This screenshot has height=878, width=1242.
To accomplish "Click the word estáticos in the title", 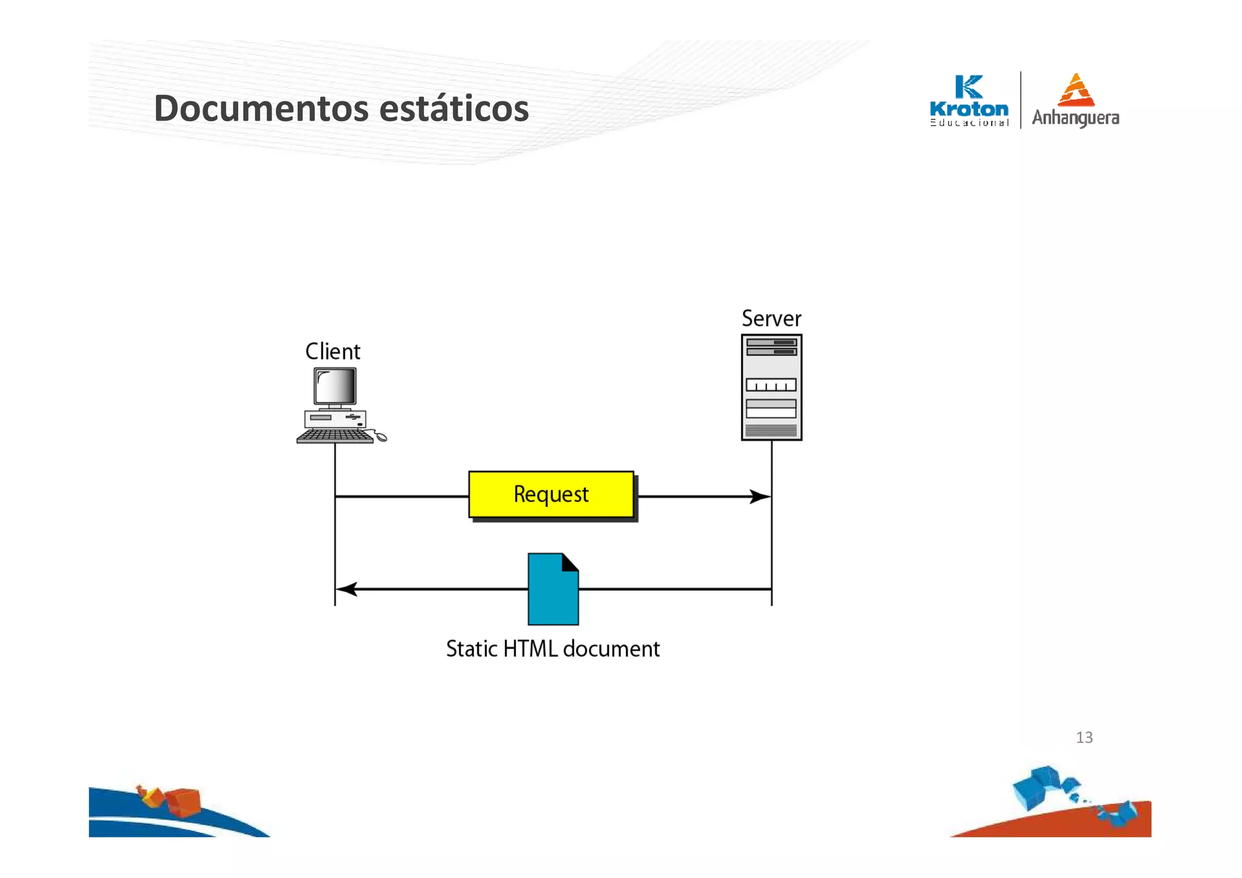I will (454, 109).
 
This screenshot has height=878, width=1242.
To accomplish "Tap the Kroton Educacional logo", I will (968, 101).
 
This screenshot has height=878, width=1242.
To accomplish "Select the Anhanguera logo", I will (1075, 101).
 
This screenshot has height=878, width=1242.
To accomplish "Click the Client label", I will (332, 352).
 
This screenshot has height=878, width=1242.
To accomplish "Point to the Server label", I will (771, 319).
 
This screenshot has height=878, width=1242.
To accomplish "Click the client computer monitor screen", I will (335, 386).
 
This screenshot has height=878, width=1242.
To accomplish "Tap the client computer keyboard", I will (335, 436).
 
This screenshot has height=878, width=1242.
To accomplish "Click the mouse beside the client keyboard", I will (380, 437).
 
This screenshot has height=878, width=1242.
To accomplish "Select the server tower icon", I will (771, 387).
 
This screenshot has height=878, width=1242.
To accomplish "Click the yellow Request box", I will (551, 495).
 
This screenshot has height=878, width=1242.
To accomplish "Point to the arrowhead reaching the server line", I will (760, 497).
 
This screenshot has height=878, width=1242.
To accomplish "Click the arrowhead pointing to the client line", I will (346, 589).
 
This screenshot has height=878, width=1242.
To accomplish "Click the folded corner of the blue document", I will (570, 562).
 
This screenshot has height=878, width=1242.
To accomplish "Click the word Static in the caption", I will (472, 649).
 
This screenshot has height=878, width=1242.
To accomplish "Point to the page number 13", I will (1084, 737).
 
